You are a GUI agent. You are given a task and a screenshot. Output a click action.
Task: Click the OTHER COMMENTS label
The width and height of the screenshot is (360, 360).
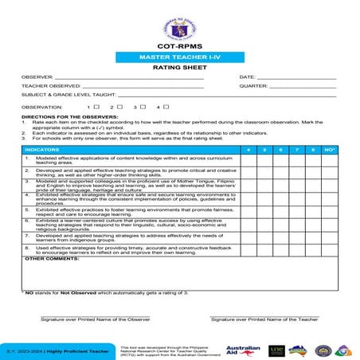(x=47, y=259)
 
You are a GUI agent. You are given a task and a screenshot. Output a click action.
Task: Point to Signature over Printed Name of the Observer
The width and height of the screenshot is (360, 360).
(x=96, y=319)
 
